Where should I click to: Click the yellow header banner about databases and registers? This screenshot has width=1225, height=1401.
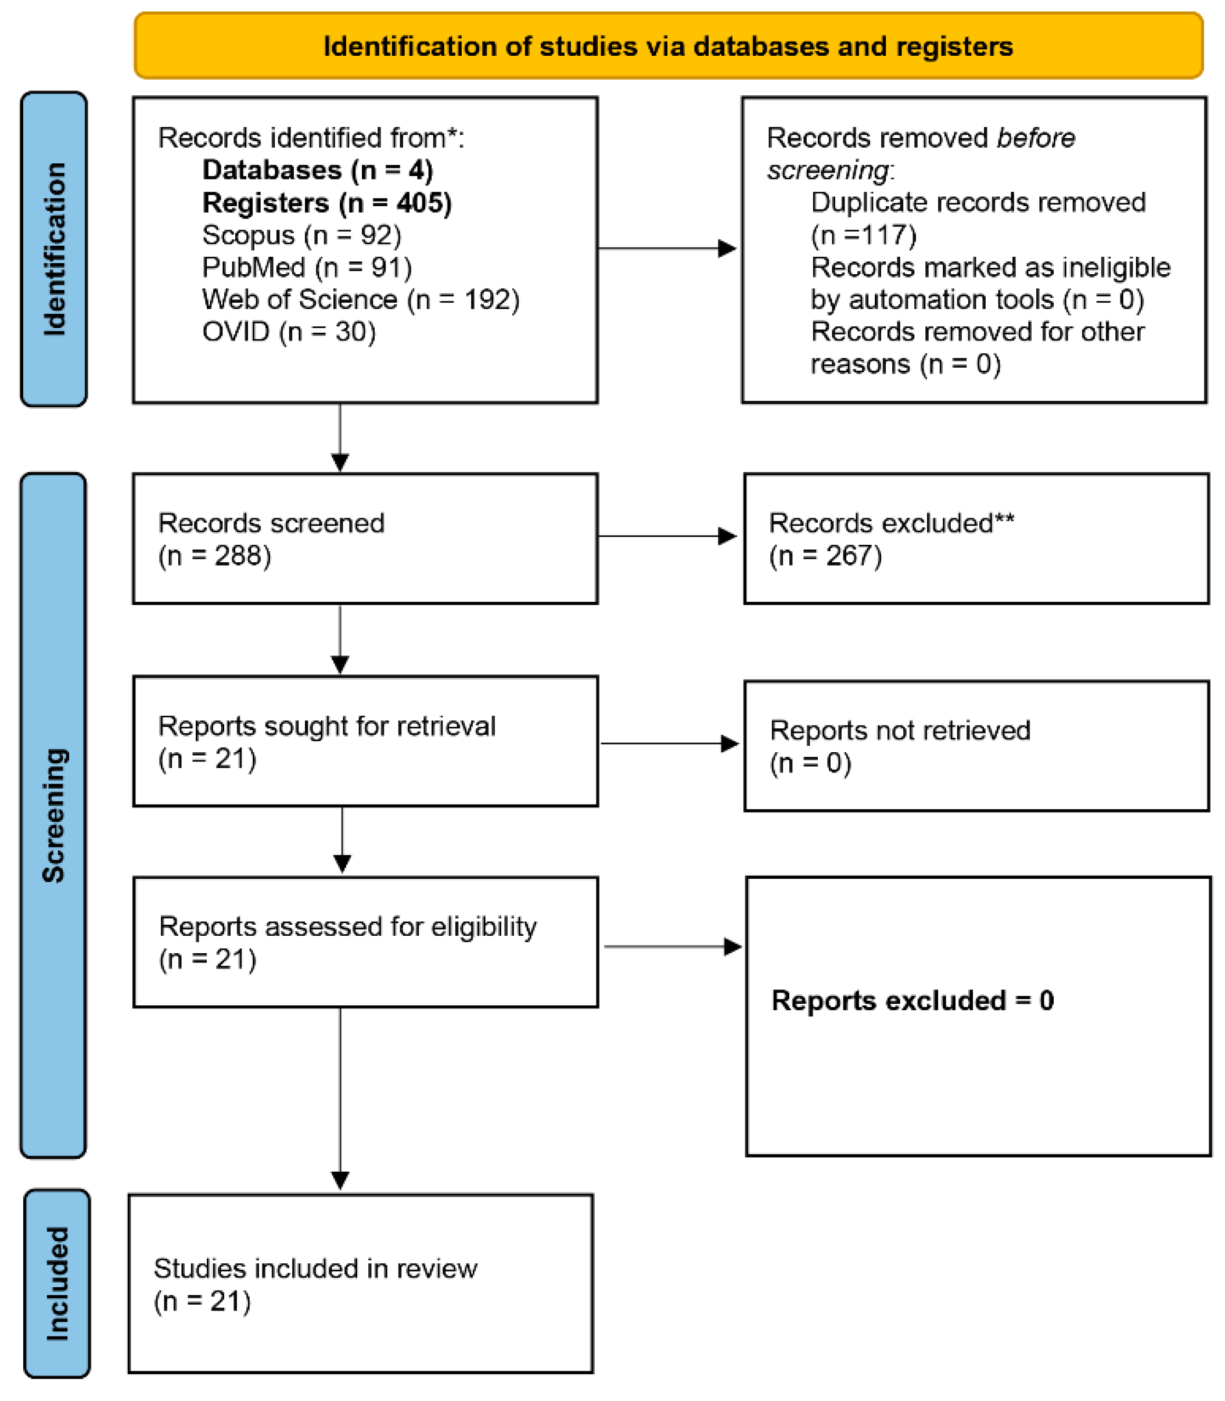668,46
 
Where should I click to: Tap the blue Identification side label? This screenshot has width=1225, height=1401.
54,249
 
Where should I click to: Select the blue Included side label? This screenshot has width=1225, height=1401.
57,1284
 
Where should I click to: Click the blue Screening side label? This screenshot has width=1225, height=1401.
53,816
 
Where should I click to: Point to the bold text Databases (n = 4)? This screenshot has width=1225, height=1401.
317,170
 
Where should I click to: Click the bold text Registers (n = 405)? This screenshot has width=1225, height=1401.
327,203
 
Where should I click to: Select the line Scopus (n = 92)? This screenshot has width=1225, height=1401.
301,235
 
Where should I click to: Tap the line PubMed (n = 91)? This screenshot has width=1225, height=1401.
307,267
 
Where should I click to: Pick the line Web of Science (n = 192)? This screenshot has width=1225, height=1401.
360,299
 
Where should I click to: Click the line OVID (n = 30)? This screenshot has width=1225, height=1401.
289,332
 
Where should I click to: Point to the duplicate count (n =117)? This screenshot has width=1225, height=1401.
863,235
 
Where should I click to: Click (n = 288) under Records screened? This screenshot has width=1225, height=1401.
215,556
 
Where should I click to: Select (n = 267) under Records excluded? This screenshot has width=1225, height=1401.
825,556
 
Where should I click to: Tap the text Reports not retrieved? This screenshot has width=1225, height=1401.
900,731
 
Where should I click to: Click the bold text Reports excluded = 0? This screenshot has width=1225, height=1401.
912,1001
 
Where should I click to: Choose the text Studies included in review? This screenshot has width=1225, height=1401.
315,1269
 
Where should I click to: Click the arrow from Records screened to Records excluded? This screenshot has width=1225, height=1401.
666,537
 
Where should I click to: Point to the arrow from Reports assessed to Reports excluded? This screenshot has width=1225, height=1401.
672,947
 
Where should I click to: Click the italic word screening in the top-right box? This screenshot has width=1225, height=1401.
827,170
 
